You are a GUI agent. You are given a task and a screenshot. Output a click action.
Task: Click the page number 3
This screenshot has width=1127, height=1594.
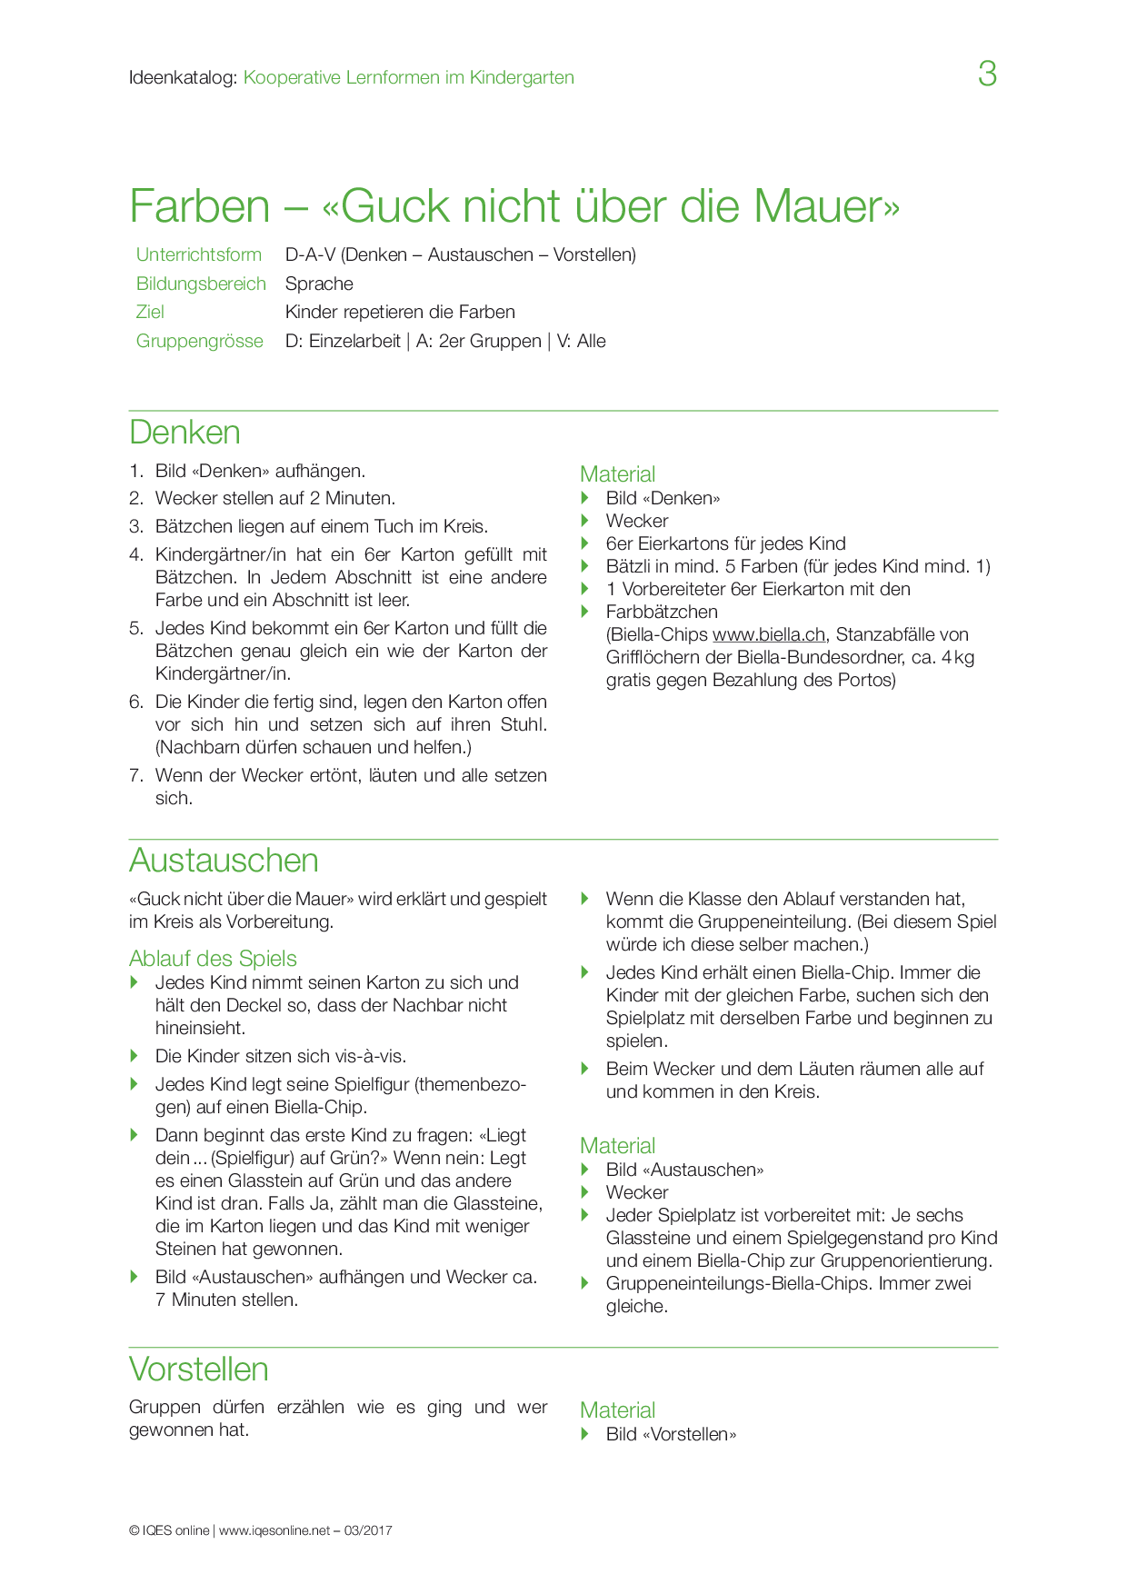pos(987,74)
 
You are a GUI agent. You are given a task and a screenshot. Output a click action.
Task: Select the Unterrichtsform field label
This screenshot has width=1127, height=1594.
pos(198,254)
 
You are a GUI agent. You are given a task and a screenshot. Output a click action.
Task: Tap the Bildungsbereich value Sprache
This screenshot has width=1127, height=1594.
pos(319,284)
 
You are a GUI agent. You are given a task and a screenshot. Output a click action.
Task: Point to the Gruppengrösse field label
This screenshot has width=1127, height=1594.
pos(199,341)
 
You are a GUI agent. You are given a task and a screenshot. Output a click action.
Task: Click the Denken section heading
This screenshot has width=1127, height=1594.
pos(185,433)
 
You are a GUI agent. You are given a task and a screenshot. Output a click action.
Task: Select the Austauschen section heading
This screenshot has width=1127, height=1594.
pos(224,861)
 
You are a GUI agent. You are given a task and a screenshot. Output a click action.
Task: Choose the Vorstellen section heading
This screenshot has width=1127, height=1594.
pos(198,1369)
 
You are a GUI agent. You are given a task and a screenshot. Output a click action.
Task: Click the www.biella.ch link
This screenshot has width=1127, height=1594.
pos(768,634)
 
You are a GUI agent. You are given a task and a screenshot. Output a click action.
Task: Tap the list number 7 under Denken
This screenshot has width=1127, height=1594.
pos(136,775)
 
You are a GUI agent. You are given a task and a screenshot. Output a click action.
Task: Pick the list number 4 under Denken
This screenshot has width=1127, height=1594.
pos(136,554)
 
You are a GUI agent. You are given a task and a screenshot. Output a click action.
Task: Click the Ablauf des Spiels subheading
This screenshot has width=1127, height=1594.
pos(213,959)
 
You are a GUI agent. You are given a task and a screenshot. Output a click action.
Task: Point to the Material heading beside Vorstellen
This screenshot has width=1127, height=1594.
pos(617,1410)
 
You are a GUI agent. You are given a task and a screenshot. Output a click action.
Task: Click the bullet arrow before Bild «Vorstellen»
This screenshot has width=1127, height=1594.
pos(586,1434)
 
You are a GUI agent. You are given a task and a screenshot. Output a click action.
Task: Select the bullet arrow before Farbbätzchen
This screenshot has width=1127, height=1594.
pos(586,612)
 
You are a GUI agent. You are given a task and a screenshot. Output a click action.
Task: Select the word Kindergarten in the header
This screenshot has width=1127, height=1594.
pos(522,77)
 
